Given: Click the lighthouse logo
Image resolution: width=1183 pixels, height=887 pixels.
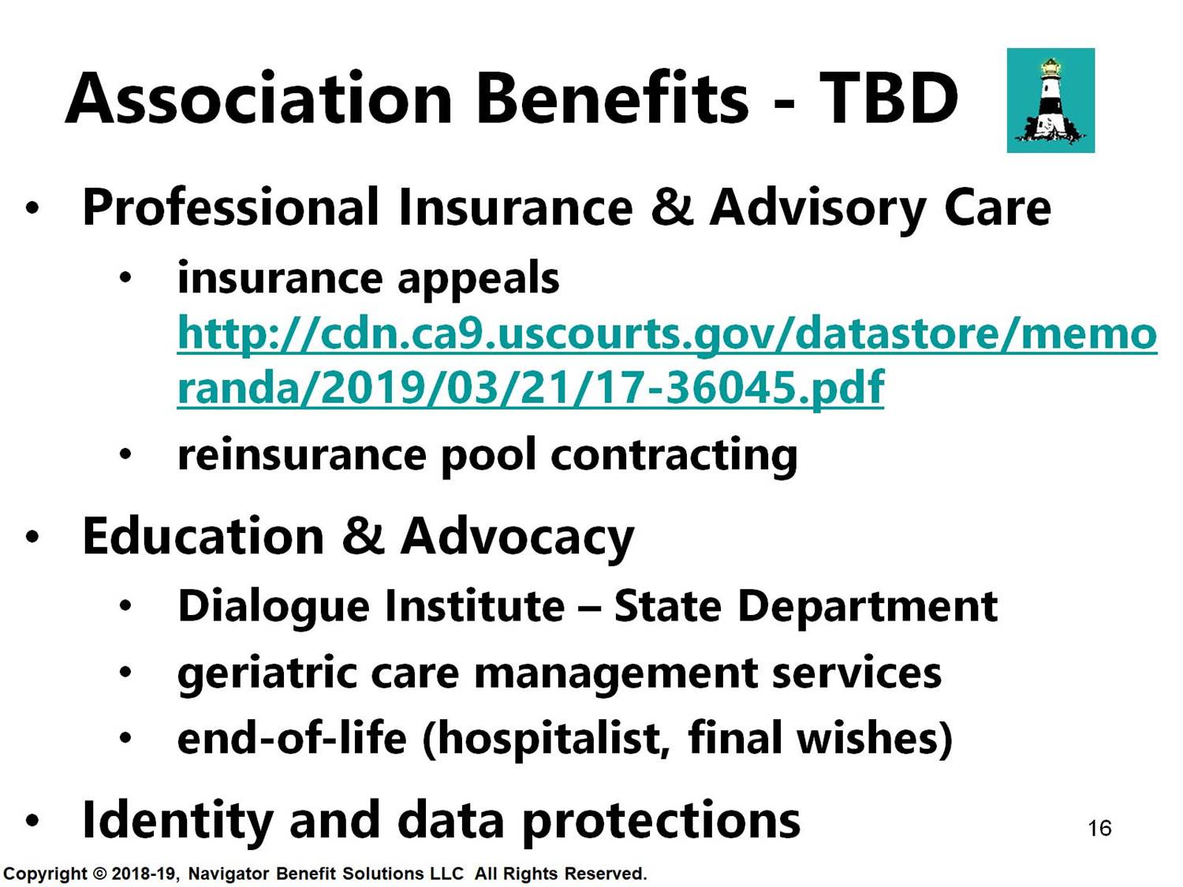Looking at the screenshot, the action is [1051, 100].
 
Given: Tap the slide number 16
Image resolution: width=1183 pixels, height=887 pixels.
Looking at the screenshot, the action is [1099, 829].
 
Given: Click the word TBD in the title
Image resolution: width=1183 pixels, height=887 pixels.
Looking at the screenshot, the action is [888, 98].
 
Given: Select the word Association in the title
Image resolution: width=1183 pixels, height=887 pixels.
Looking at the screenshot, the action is [259, 98].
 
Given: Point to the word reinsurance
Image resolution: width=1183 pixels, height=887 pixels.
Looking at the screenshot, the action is [302, 456].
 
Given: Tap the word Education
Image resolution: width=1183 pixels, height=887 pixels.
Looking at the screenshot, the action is [203, 536].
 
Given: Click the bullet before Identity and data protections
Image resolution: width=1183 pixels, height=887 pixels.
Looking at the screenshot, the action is [32, 820].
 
